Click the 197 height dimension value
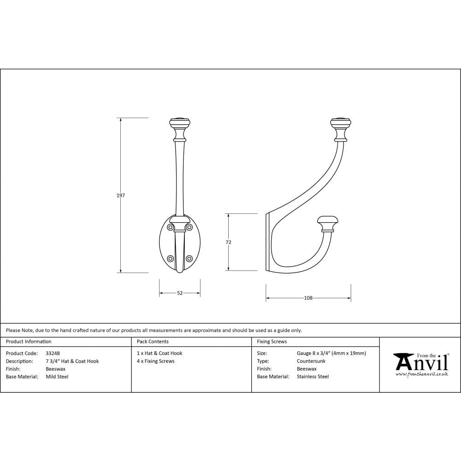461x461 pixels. pos(121,195)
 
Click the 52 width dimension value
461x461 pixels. pos(180,293)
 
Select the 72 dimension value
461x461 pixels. pos(228,242)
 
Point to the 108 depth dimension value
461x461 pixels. pos(308,298)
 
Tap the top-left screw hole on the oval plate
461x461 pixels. pos(171,227)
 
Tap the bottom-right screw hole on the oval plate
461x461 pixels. pos(189,259)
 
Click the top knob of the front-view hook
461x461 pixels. pos(180,124)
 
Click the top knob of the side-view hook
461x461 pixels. pos(341,124)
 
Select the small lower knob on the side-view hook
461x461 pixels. pos(327,222)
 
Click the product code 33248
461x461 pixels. pos(53,354)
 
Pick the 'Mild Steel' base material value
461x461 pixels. pos(57,377)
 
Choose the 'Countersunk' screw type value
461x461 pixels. pos(311,361)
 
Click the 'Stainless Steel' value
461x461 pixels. pos(313,377)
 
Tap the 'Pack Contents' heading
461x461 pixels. pos(153,342)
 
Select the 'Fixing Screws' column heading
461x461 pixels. pos(272,342)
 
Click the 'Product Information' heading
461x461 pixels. pos(29,342)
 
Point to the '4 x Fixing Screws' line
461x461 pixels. pos(155,361)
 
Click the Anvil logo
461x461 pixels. pos(420,362)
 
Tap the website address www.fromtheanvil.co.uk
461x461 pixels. pos(421,374)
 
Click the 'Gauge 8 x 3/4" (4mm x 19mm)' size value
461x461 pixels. pos(331,354)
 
